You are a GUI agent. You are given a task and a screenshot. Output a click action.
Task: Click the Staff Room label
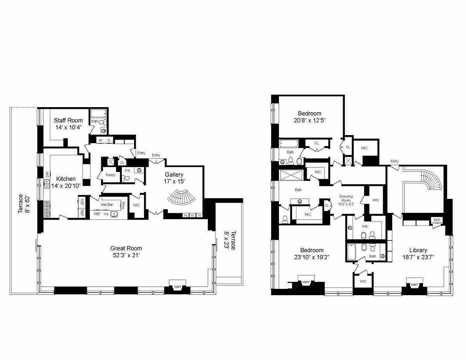click(x=68, y=120)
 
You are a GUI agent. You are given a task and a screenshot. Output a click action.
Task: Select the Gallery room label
click(x=174, y=175)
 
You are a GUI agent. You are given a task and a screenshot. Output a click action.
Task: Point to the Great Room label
click(x=126, y=248)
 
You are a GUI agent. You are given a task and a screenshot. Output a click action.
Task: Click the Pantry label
click(x=111, y=175)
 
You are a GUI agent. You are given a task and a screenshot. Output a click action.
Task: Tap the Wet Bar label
click(x=107, y=204)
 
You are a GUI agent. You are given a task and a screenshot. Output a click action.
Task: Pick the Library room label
click(x=418, y=250)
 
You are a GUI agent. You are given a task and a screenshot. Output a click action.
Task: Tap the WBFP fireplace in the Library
click(x=414, y=284)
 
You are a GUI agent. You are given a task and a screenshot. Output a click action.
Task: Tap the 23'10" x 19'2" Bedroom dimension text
click(x=312, y=258)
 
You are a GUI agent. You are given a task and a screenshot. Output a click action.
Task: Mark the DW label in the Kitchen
click(x=47, y=174)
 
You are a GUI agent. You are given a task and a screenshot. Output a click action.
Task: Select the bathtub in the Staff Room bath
click(x=98, y=113)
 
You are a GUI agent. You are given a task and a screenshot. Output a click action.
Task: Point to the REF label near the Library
click(x=436, y=220)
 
